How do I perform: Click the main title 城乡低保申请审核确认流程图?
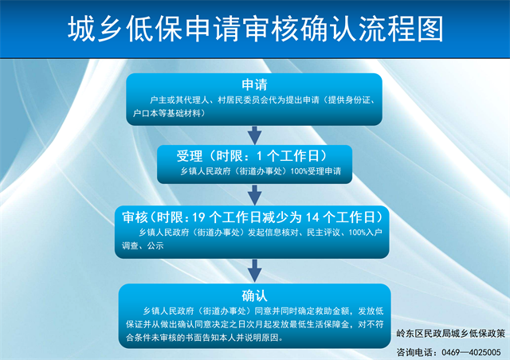pyautogui.click(x=255, y=29)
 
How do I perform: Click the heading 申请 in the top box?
pyautogui.click(x=254, y=84)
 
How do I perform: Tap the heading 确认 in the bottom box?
pyautogui.click(x=254, y=295)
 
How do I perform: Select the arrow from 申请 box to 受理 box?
pyautogui.click(x=255, y=135)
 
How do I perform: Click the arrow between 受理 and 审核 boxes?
pyautogui.click(x=255, y=195)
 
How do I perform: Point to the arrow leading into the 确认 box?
pyautogui.click(x=255, y=271)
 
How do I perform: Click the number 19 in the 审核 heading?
pyautogui.click(x=198, y=217)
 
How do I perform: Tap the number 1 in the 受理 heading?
pyautogui.click(x=259, y=156)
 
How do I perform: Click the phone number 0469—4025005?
pyautogui.click(x=471, y=352)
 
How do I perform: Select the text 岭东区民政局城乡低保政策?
pyautogui.click(x=450, y=334)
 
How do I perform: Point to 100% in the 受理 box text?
pyautogui.click(x=299, y=171)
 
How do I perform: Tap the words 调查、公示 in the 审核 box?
pyautogui.click(x=143, y=245)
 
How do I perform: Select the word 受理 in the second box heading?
pyautogui.click(x=190, y=156)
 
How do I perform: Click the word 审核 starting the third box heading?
pyautogui.click(x=135, y=217)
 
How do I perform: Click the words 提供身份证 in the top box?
pyautogui.click(x=349, y=100)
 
